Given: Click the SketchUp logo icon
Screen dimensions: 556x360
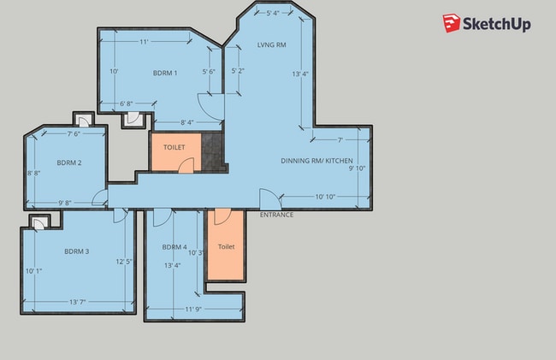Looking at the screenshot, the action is click(x=452, y=23).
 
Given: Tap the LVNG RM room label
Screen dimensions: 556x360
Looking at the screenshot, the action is click(x=272, y=44).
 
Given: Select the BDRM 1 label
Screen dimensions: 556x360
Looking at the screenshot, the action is click(x=165, y=73).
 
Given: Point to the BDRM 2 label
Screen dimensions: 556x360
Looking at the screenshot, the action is click(x=69, y=162).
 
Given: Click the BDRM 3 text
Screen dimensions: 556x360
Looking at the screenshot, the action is click(x=77, y=251).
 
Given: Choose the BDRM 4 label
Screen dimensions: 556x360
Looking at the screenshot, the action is click(x=174, y=247).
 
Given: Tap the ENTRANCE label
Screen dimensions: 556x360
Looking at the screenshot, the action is click(x=276, y=215).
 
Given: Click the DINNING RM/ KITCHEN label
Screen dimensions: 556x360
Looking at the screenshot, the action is click(x=316, y=161).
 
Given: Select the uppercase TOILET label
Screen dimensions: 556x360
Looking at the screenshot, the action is click(x=174, y=147).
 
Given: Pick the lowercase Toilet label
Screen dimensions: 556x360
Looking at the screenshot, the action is click(x=226, y=246).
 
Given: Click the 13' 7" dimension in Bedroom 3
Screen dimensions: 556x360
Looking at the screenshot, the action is click(x=78, y=302).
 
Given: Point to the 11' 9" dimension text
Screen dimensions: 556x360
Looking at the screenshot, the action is click(x=193, y=309).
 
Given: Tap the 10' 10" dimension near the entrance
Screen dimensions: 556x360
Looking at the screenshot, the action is click(x=325, y=197).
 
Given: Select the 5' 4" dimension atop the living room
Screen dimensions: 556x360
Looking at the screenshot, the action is click(x=273, y=13).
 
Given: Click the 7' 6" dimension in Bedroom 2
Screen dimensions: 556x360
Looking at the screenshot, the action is click(x=74, y=134).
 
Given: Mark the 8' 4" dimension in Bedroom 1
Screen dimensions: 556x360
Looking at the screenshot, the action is click(x=187, y=122).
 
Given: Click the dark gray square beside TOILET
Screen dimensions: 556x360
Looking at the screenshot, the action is click(x=212, y=151).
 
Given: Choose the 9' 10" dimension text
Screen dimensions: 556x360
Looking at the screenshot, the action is click(x=357, y=168).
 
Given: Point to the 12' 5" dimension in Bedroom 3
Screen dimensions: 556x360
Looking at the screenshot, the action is click(x=124, y=262).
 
